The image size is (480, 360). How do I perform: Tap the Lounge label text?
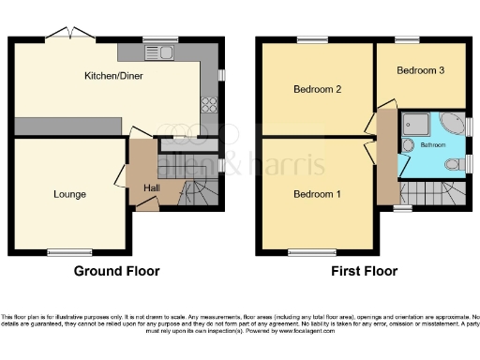coord(69,195)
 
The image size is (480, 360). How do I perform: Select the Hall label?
coord(151,188)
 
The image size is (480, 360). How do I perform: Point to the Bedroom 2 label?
coord(316,89)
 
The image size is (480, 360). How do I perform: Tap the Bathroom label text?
coord(433,146)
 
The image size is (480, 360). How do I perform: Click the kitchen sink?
coord(168,52)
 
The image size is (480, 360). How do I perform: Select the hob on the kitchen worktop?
coord(208,104)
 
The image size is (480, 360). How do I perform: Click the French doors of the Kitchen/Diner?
coord(71,34)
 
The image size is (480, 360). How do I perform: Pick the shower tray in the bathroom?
coord(413,124)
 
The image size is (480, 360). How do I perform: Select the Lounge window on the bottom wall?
coord(65,251)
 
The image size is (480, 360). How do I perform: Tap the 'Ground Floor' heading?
coord(116,271)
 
